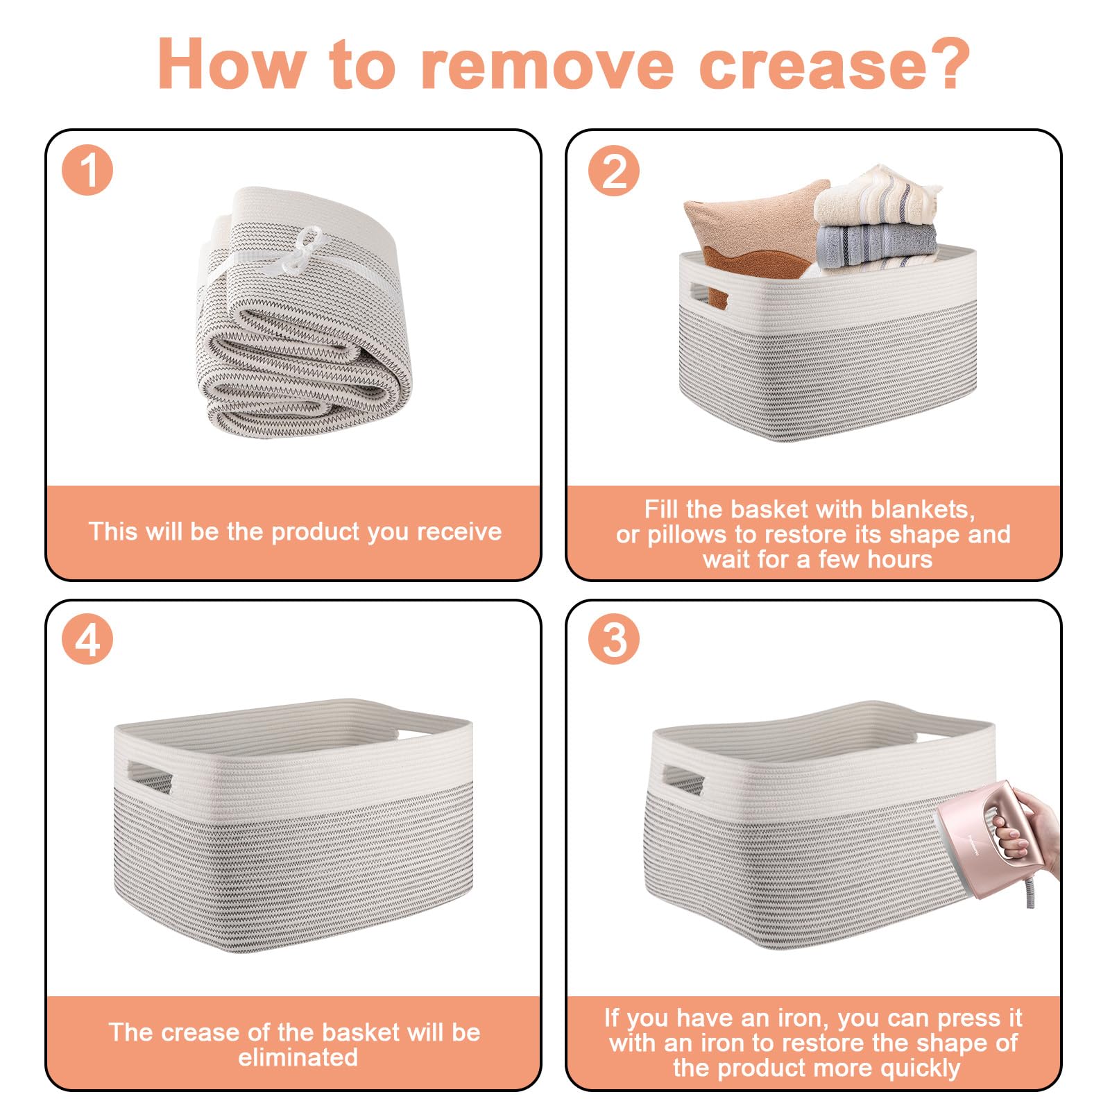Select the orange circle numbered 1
[x=87, y=170]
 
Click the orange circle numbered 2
[x=615, y=170]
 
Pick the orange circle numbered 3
[x=615, y=639]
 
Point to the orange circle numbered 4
[x=87, y=639]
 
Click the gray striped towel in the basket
[x=876, y=246]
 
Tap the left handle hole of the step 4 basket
[x=149, y=778]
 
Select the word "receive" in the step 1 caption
[x=459, y=531]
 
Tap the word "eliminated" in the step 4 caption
[x=298, y=1057]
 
